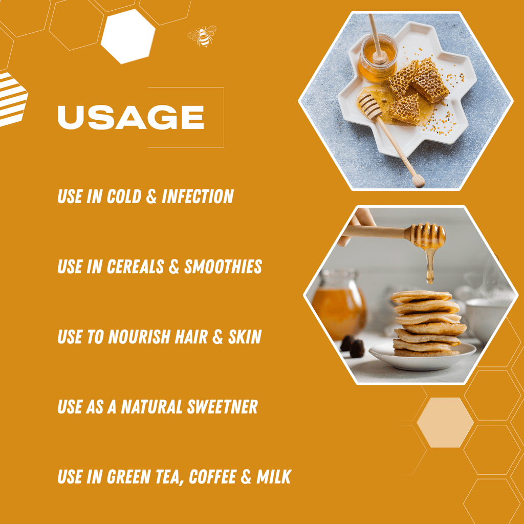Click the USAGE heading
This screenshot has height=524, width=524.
(130, 117)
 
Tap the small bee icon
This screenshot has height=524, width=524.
(202, 36)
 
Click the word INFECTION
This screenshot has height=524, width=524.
(198, 196)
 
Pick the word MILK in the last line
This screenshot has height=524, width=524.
(273, 477)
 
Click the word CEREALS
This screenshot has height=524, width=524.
(135, 267)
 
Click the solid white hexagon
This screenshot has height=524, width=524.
(127, 36)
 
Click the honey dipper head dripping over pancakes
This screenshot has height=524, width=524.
(427, 235)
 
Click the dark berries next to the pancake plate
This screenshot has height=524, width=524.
(353, 346)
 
